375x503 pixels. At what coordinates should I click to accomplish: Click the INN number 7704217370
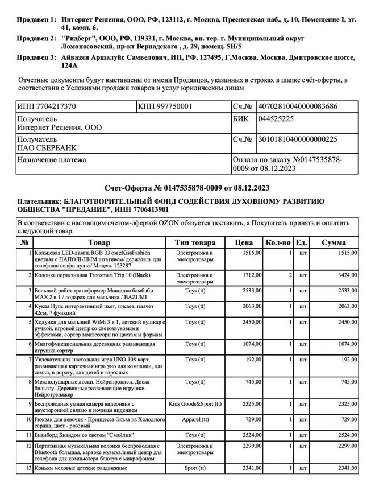coord(47,106)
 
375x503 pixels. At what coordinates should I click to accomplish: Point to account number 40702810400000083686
coord(298,106)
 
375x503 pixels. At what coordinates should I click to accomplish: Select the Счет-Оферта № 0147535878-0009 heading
coord(187,188)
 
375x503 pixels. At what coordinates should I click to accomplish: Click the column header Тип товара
coord(195,243)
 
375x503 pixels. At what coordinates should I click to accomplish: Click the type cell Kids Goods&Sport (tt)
coord(195,403)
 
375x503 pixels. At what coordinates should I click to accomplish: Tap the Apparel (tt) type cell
coord(195,419)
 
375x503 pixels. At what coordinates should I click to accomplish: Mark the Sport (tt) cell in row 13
coord(195,468)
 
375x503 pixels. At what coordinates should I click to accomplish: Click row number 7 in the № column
coord(27,360)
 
